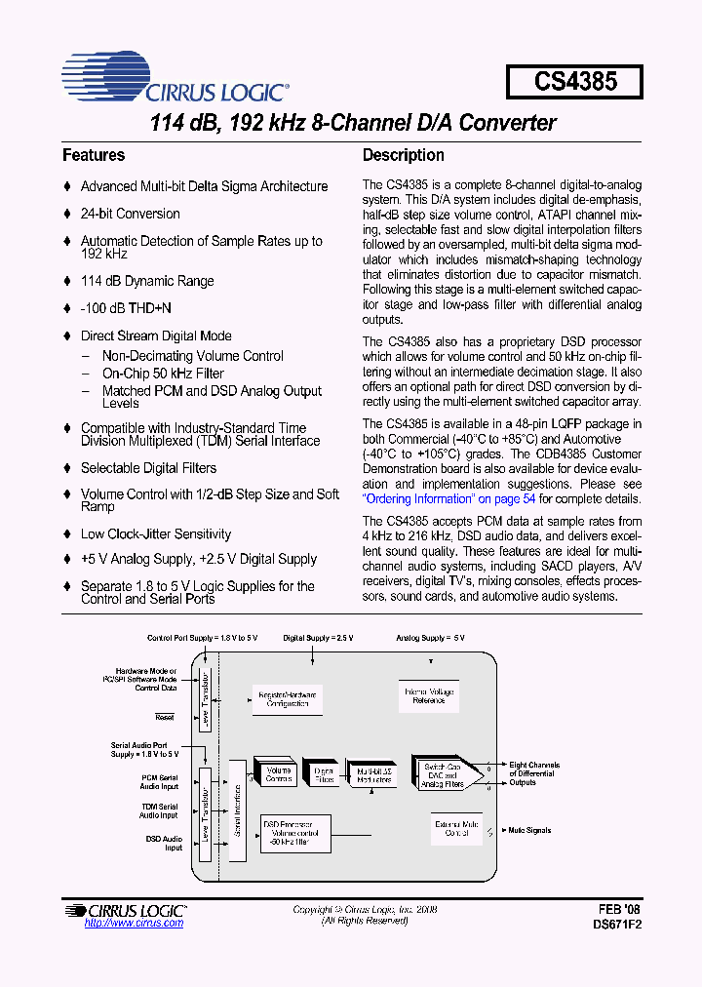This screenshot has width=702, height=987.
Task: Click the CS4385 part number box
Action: tap(574, 81)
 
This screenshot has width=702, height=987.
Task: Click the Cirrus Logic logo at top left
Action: tap(175, 82)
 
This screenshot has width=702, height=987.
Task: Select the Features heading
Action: tap(94, 155)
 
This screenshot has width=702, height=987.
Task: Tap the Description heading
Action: tap(403, 155)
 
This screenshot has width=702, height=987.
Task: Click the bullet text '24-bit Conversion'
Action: tap(130, 214)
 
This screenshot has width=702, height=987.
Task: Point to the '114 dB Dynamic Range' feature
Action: tap(146, 281)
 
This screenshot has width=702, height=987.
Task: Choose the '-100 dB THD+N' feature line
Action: tap(126, 308)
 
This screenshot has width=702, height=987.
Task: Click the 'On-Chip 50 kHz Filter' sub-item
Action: tap(163, 374)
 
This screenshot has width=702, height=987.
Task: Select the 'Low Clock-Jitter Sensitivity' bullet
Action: tap(155, 534)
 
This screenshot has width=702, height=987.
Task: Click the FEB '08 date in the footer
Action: tap(620, 908)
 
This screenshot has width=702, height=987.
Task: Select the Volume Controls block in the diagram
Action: tap(280, 774)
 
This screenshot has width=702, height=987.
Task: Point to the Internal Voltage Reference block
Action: tap(428, 696)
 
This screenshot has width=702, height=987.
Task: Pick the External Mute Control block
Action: tap(457, 829)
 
